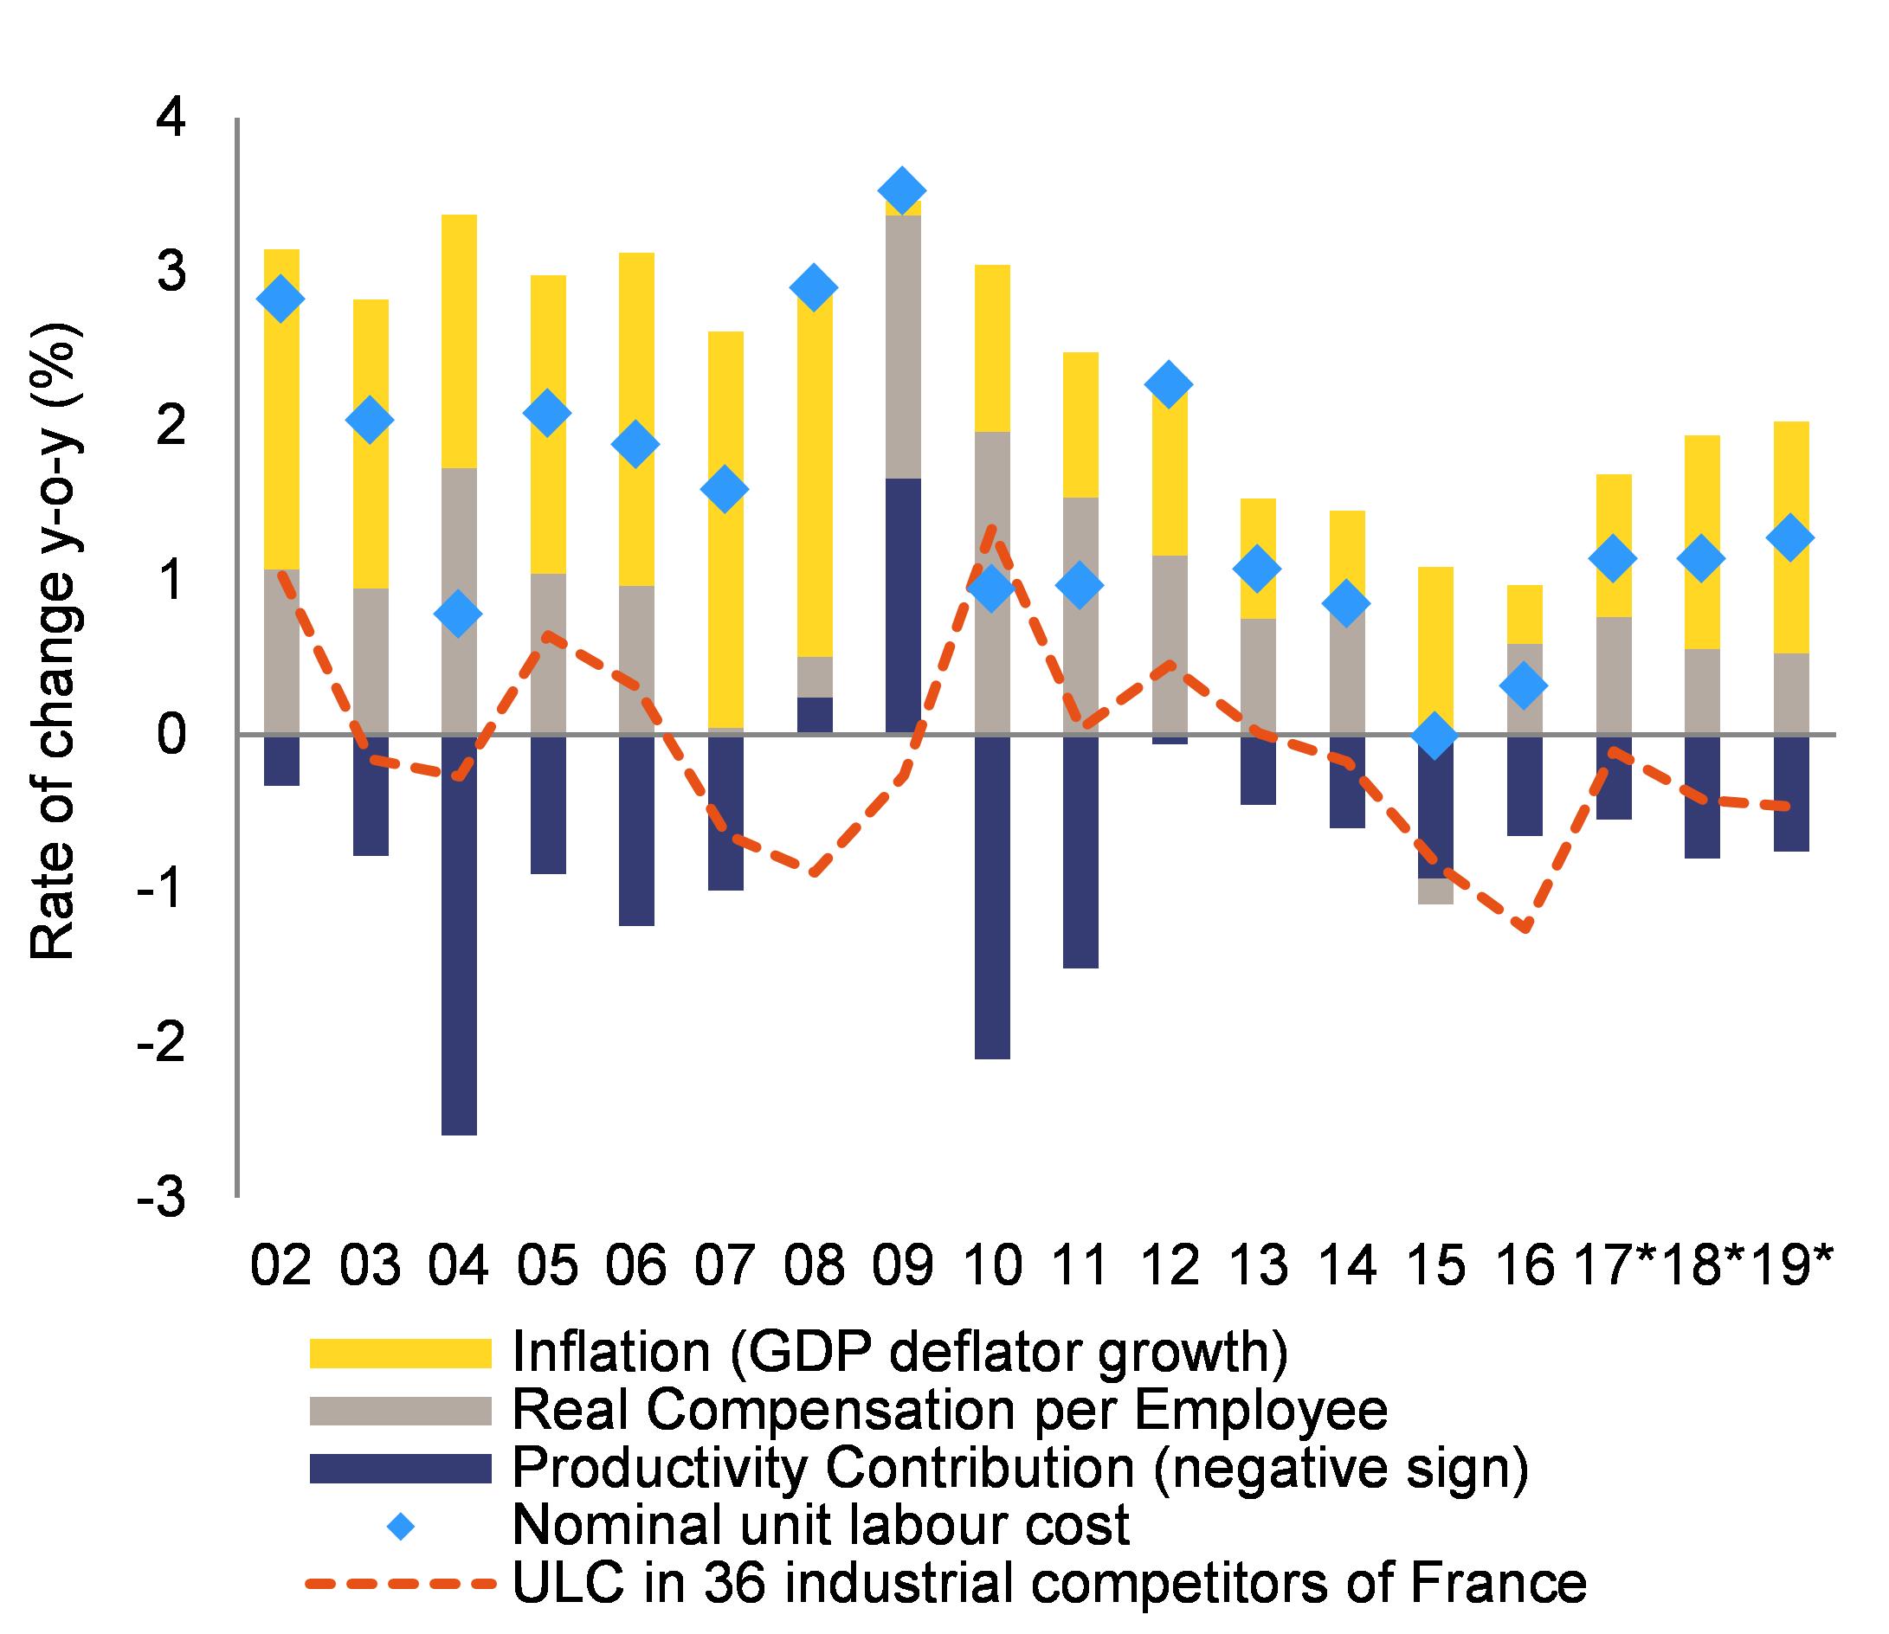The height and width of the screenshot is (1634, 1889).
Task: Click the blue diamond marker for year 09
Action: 902,190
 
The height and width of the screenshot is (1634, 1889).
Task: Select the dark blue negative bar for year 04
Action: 459,935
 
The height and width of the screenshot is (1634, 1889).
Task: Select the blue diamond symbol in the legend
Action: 401,1527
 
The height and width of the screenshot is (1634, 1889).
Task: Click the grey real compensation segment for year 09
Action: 903,346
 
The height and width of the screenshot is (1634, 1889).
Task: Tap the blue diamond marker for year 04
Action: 458,614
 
